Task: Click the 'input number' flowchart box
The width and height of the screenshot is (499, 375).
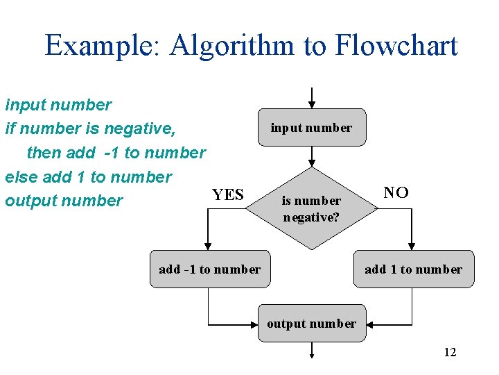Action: pyautogui.click(x=311, y=127)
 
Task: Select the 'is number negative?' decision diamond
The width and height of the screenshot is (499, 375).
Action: pyautogui.click(x=311, y=208)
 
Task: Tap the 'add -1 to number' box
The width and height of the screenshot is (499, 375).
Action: pyautogui.click(x=209, y=269)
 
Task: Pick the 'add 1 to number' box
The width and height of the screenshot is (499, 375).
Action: pyautogui.click(x=413, y=269)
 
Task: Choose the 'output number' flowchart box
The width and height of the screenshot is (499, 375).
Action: pyautogui.click(x=311, y=323)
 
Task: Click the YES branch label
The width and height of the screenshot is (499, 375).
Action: pyautogui.click(x=228, y=194)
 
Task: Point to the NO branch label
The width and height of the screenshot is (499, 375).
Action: pyautogui.click(x=396, y=192)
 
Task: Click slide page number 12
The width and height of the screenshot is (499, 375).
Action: pyautogui.click(x=450, y=352)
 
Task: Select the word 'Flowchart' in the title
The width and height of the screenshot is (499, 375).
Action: pyautogui.click(x=396, y=46)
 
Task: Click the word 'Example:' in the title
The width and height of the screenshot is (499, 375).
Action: pyautogui.click(x=103, y=46)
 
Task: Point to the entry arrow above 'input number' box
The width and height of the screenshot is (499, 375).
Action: pyautogui.click(x=312, y=97)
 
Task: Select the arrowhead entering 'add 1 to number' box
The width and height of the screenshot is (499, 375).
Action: pyautogui.click(x=412, y=246)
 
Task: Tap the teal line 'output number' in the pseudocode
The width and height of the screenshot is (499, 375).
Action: pyautogui.click(x=64, y=201)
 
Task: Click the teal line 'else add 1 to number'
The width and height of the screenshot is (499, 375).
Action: pyautogui.click(x=88, y=177)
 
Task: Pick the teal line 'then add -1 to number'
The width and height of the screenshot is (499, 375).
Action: pyautogui.click(x=116, y=153)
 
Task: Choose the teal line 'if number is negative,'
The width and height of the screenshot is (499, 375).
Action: pyautogui.click(x=90, y=128)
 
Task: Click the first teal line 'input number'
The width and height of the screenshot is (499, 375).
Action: pyautogui.click(x=58, y=105)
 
